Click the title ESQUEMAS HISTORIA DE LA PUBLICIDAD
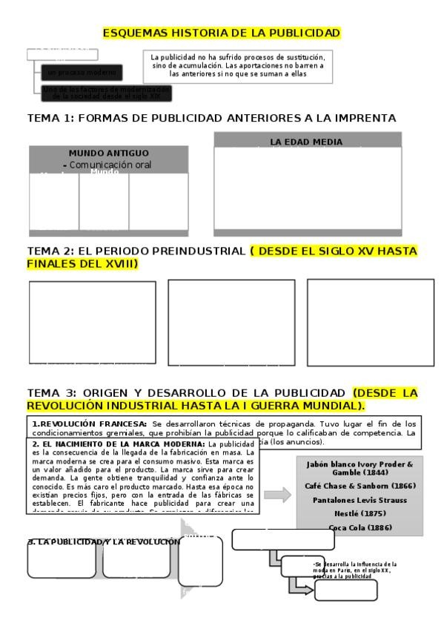(x=222, y=33)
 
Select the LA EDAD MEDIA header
(x=305, y=141)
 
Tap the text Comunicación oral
(x=119, y=165)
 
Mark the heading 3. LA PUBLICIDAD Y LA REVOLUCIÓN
(x=104, y=541)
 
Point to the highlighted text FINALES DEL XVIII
(x=82, y=264)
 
